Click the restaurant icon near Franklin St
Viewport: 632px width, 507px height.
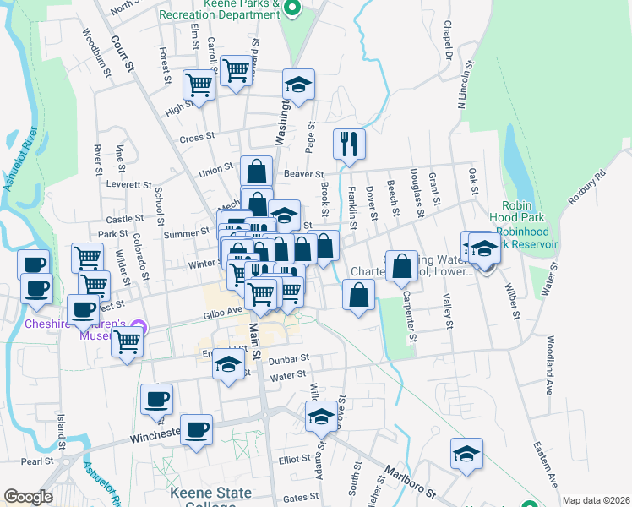(348, 144)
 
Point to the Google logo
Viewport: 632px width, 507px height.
(28, 497)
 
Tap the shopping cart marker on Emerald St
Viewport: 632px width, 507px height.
(127, 341)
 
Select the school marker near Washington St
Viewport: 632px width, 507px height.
(298, 84)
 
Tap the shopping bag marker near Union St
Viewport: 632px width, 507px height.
(256, 172)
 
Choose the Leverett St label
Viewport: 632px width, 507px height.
(129, 183)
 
